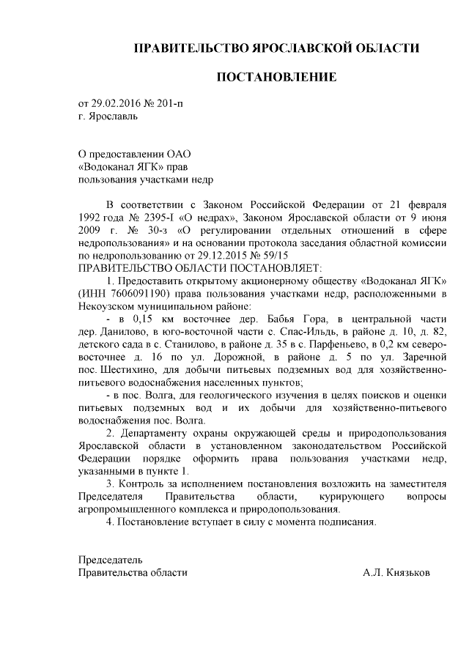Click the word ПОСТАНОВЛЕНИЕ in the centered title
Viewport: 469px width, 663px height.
pyautogui.click(x=276, y=76)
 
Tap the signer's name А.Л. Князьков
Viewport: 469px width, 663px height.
pyautogui.click(x=396, y=573)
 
